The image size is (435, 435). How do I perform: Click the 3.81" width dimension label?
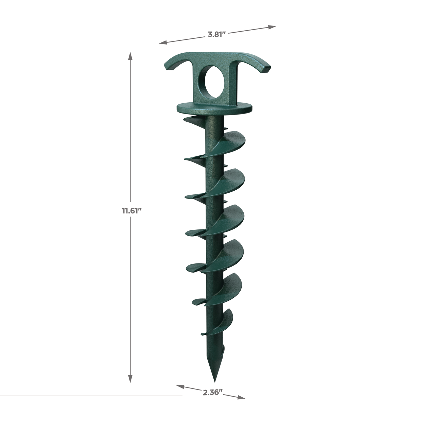pyautogui.click(x=217, y=35)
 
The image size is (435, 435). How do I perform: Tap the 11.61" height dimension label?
pyautogui.click(x=132, y=211)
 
